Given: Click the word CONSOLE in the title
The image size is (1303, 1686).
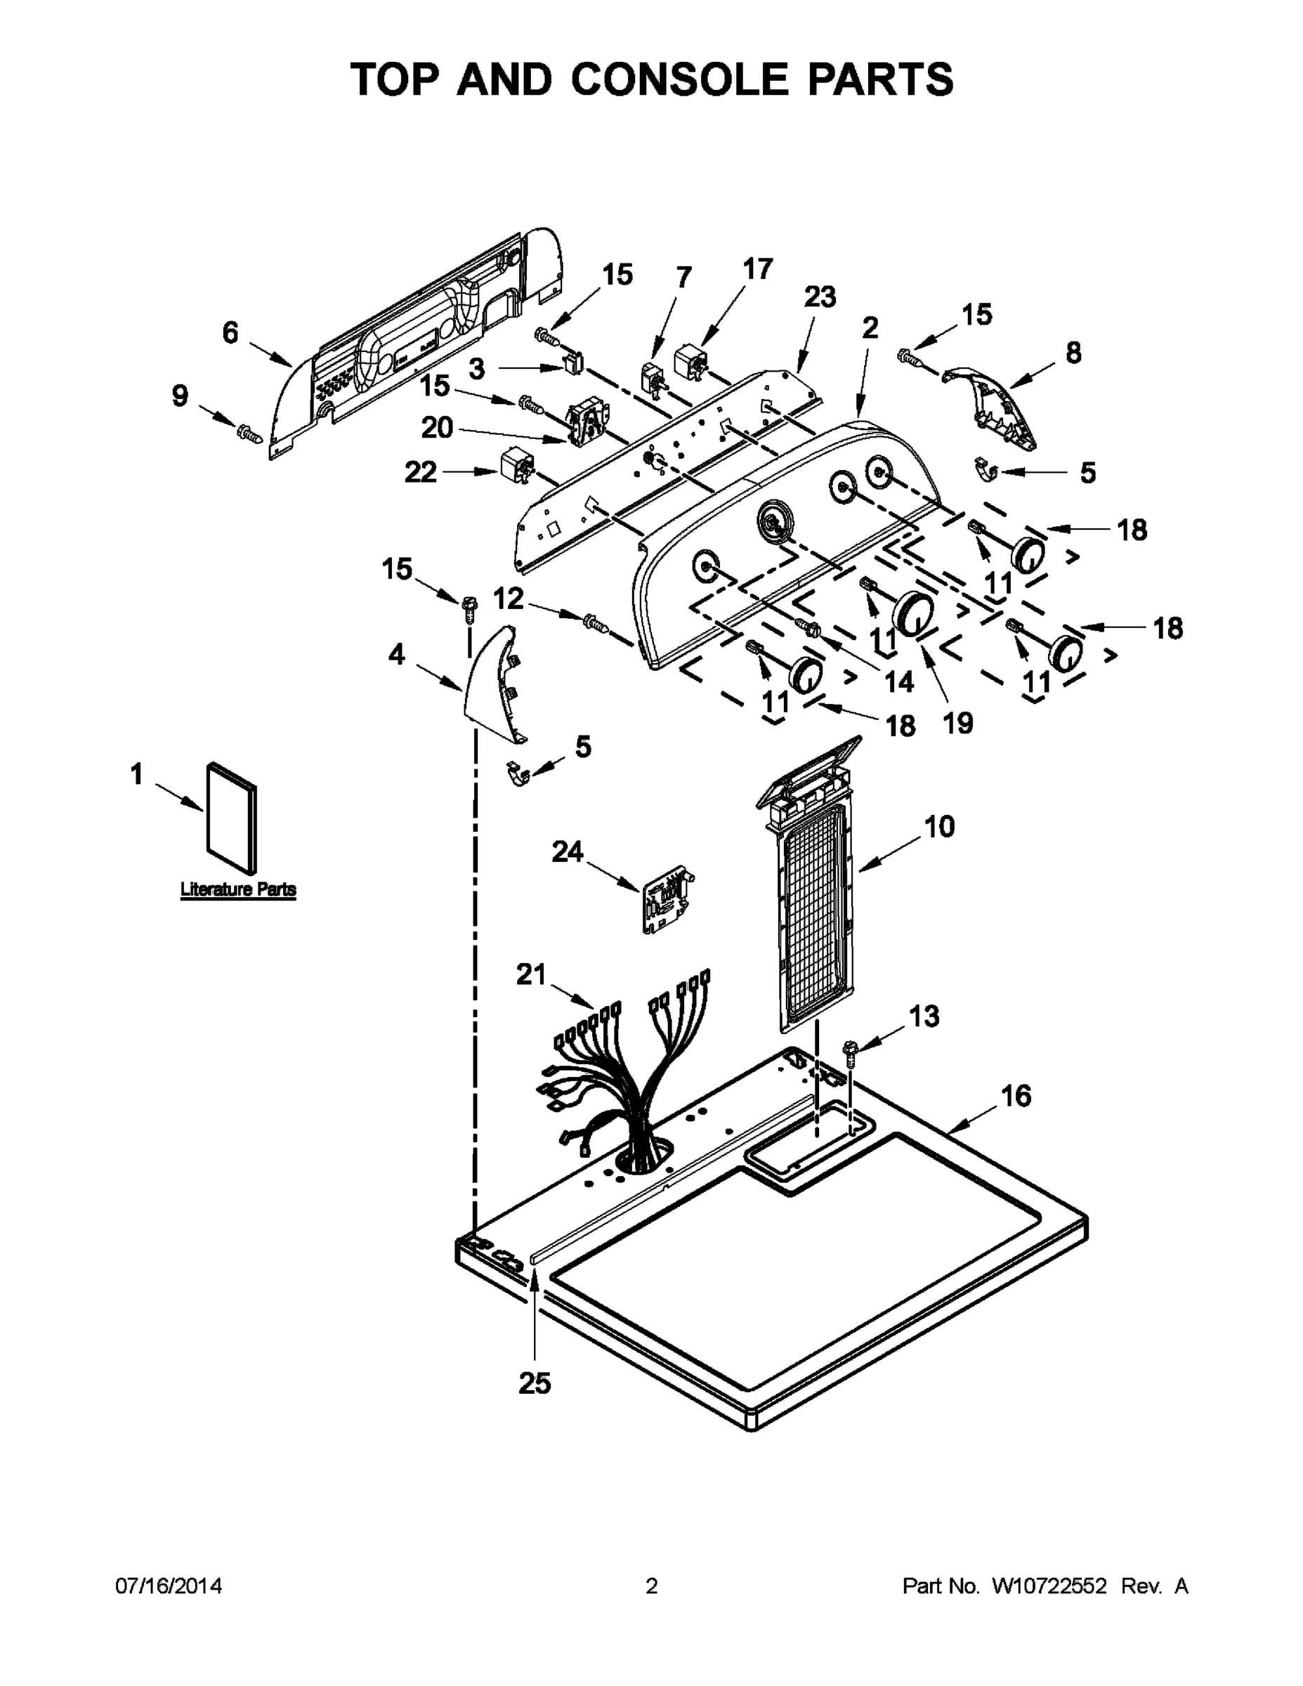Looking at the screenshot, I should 680,79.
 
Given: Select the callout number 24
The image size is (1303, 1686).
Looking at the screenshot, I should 568,851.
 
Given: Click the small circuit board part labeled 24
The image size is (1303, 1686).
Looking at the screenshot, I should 664,898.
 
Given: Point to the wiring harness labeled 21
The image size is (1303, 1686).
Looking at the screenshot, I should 625,1080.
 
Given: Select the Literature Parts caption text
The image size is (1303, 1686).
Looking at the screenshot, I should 237,889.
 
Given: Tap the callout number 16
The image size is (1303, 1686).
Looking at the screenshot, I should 1015,1095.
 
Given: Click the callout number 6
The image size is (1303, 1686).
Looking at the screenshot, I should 230,333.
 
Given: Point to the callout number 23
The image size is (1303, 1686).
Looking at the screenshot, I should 820,296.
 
